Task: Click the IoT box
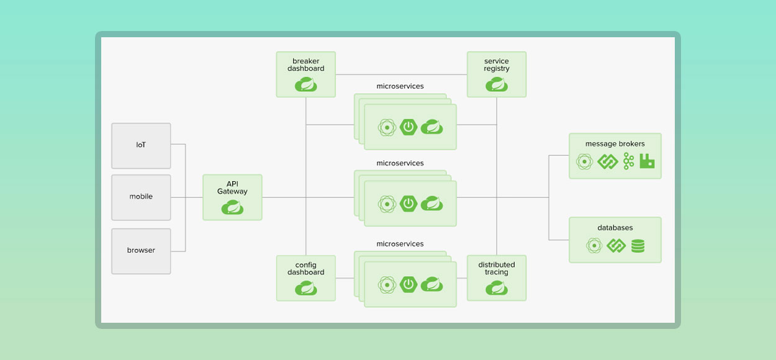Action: [x=141, y=145]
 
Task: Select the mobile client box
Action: [x=141, y=197]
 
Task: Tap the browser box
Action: [x=141, y=251]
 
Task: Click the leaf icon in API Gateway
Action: [x=232, y=208]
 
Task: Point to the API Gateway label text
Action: [x=232, y=187]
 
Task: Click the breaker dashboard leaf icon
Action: [x=305, y=84]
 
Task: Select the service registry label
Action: [x=496, y=65]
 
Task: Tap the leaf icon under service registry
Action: [x=496, y=84]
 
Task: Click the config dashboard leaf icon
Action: [x=305, y=288]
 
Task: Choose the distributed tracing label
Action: [x=496, y=268]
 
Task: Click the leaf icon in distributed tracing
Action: [x=496, y=288]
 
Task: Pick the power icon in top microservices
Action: [x=408, y=127]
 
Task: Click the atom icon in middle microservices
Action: [x=387, y=204]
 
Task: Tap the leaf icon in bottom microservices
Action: [x=431, y=284]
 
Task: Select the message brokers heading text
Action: [x=615, y=144]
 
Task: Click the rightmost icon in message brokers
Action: [x=647, y=161]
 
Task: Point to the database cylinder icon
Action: [x=638, y=246]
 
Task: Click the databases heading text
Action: [x=615, y=228]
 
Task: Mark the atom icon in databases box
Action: [x=594, y=246]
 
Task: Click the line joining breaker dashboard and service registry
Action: [x=401, y=74]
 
